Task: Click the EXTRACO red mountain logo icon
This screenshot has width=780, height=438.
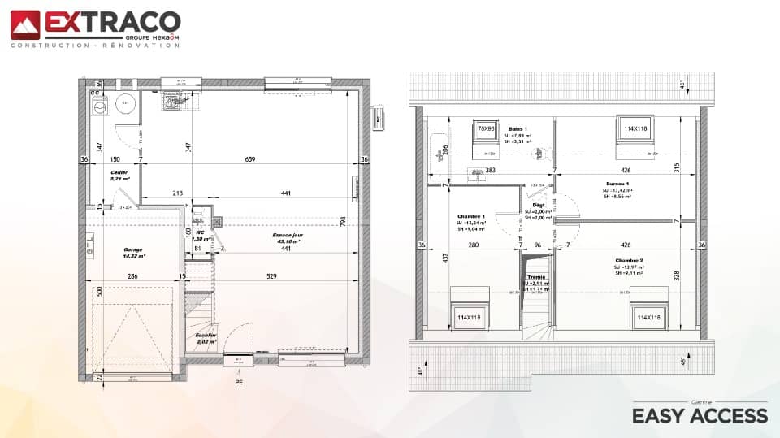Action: click(x=24, y=24)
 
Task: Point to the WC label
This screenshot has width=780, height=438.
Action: click(x=199, y=232)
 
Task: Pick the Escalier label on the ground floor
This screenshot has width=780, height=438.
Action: click(x=206, y=335)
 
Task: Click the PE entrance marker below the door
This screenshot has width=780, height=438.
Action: click(x=239, y=381)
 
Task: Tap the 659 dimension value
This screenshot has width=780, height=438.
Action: click(x=249, y=159)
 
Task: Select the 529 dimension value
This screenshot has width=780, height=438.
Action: click(x=272, y=277)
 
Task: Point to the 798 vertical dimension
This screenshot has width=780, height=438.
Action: click(x=344, y=221)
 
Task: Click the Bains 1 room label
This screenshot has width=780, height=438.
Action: click(x=518, y=129)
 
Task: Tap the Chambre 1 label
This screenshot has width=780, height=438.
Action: click(x=472, y=216)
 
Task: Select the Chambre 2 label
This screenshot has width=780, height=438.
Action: click(x=630, y=261)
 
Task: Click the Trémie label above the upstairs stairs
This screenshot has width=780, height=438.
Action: click(x=536, y=276)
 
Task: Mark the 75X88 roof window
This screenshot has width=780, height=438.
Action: click(x=487, y=129)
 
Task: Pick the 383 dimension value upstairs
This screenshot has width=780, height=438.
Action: click(x=490, y=171)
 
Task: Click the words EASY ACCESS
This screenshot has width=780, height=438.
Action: click(x=700, y=416)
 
